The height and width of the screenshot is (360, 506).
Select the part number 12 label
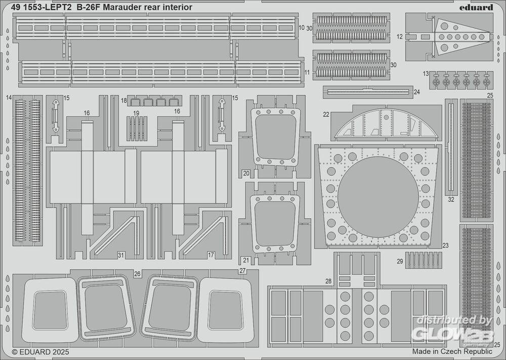click(400, 36)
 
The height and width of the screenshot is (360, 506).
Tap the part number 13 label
click(426, 73)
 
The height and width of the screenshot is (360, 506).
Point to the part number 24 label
click(416, 92)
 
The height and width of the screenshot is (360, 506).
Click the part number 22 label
click(326, 114)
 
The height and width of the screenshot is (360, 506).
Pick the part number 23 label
click(445, 246)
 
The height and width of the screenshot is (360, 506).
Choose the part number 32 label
click(451, 199)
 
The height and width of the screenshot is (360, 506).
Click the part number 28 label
click(328, 281)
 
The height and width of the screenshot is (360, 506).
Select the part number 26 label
click(137, 274)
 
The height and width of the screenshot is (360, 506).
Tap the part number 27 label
click(242, 271)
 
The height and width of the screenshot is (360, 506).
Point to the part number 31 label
click(120, 255)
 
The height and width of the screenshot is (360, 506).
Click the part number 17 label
click(211, 255)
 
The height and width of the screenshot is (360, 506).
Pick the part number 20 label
click(246, 173)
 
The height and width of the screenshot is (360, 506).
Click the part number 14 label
click(9, 97)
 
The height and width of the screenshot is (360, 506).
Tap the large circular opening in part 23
click(378, 195)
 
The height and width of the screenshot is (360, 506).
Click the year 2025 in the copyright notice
click(59, 351)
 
